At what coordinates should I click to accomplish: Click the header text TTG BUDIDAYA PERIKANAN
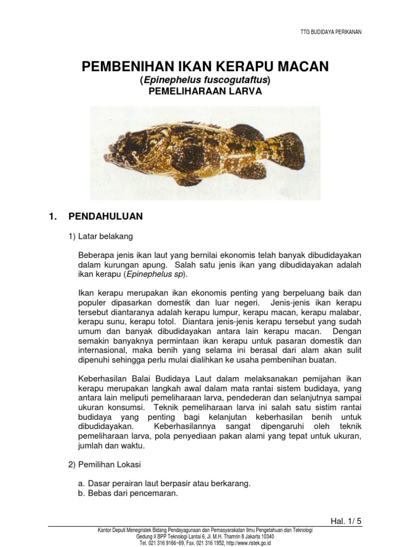[x=331, y=32]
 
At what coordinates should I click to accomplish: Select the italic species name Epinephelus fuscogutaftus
[x=206, y=80]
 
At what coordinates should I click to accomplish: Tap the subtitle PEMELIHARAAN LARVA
[x=205, y=91]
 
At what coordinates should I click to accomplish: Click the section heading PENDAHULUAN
[x=106, y=216]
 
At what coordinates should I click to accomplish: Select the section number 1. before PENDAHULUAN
[x=52, y=216]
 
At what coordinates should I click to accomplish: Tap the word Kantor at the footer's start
[x=104, y=530]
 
